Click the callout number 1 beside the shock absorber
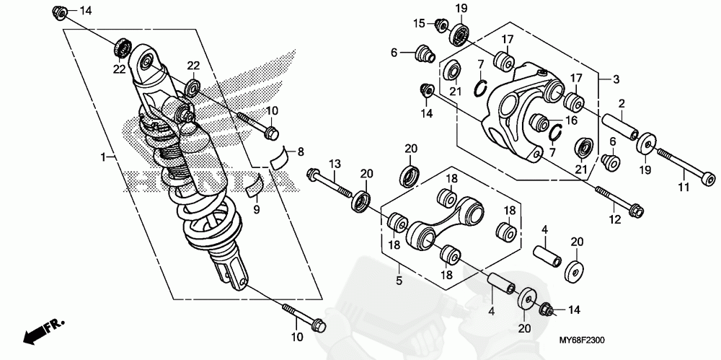pyautogui.click(x=105, y=157)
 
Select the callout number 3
pyautogui.click(x=616, y=79)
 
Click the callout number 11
pyautogui.click(x=684, y=188)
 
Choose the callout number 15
pyautogui.click(x=418, y=24)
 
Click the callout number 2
pyautogui.click(x=620, y=105)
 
